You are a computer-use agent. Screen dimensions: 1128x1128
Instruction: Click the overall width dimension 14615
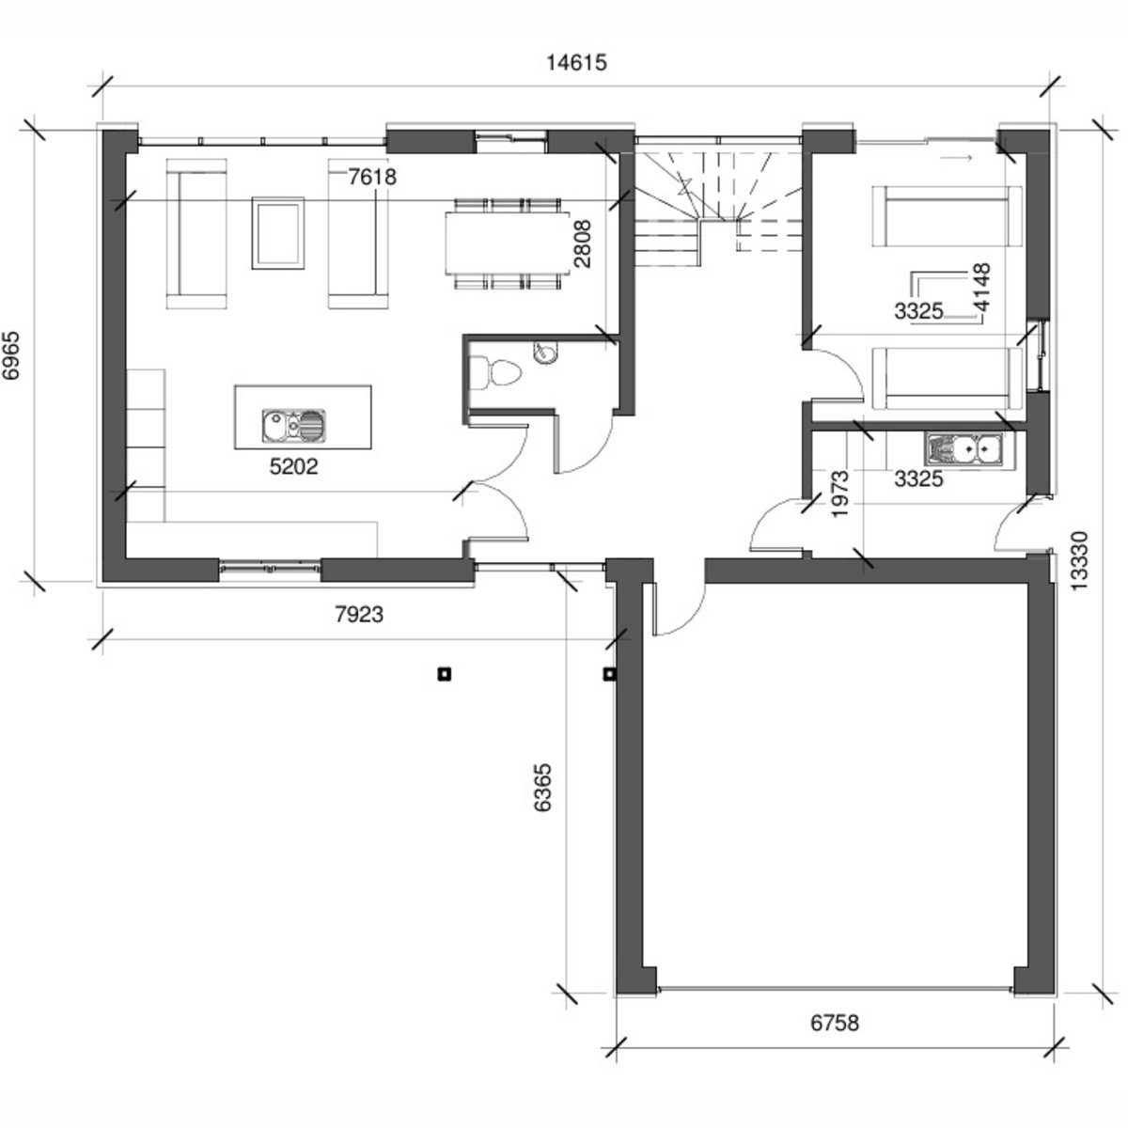point(576,62)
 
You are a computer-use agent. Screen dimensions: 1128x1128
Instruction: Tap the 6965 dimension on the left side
point(11,355)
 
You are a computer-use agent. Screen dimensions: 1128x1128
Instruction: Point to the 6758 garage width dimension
point(835,1023)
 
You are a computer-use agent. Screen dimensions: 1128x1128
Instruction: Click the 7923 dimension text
point(359,614)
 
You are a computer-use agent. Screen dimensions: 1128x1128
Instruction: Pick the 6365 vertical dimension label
point(542,787)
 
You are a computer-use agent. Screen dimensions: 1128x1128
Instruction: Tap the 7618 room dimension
point(372,176)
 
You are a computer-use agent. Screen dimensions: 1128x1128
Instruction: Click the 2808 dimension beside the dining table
point(583,243)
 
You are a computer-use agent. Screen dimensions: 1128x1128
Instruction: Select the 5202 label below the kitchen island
point(294,466)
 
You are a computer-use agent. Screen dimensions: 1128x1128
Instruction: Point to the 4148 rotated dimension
point(980,287)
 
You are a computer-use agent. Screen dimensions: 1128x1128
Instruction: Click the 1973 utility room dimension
point(839,493)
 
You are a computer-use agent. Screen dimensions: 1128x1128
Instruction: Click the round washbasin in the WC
point(545,352)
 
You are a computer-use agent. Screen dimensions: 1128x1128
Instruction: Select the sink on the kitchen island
point(293,425)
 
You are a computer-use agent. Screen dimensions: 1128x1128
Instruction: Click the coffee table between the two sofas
point(278,233)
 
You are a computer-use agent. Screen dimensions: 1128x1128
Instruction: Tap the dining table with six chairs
point(508,243)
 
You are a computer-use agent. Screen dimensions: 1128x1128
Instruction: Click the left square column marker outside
point(445,674)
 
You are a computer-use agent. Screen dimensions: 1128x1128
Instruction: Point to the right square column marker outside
point(609,674)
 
